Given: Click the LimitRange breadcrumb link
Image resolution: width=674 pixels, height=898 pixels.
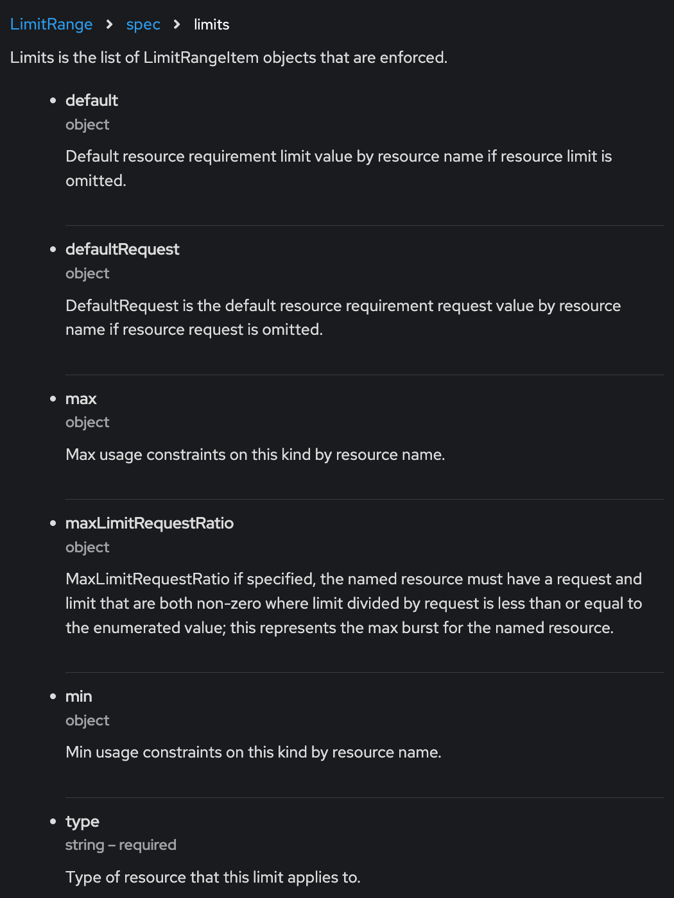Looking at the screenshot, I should click(51, 24).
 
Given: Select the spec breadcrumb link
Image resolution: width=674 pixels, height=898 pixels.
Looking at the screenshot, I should click(143, 24).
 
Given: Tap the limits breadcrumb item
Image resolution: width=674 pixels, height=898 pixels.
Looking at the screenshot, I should click(211, 24).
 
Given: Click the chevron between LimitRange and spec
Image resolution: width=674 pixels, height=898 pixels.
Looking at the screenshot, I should click(110, 24).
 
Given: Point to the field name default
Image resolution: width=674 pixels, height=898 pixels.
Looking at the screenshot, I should click(92, 101).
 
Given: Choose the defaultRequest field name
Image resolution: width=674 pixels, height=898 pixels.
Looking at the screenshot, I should click(122, 250).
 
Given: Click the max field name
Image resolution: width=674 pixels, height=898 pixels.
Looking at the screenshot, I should click(81, 399).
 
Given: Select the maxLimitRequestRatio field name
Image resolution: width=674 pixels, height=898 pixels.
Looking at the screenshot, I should click(149, 523).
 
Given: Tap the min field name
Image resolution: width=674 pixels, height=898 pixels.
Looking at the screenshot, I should click(79, 697).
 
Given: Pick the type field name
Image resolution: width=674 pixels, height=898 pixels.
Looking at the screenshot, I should click(82, 822).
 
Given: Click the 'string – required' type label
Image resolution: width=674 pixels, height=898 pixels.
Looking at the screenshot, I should click(121, 845).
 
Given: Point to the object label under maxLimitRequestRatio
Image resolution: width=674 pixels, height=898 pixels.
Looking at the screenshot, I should click(87, 548).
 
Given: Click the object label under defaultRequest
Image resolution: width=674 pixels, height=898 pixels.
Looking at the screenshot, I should click(87, 274).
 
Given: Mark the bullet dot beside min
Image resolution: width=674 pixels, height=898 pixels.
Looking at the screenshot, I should click(53, 697).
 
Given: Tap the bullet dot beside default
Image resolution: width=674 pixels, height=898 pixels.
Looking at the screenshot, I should click(53, 101).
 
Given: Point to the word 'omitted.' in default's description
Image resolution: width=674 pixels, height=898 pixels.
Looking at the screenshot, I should click(96, 181).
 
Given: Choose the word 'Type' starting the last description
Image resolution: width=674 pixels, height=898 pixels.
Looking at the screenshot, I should click(83, 877).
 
